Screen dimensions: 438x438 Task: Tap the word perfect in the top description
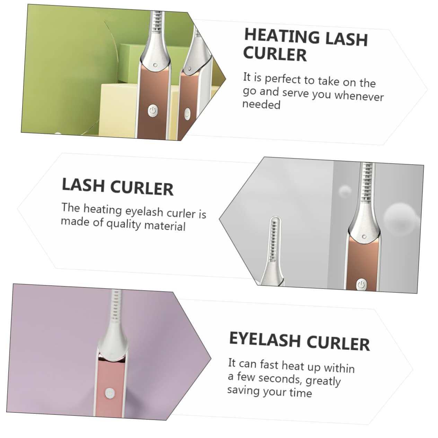point(283,79)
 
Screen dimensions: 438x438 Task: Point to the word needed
point(261,104)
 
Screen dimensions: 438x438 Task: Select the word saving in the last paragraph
point(242,391)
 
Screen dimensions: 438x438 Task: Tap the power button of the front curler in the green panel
point(153,111)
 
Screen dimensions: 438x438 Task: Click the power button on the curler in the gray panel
point(361,284)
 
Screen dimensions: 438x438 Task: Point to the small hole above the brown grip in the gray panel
point(364,237)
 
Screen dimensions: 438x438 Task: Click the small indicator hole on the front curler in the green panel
point(155,65)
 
